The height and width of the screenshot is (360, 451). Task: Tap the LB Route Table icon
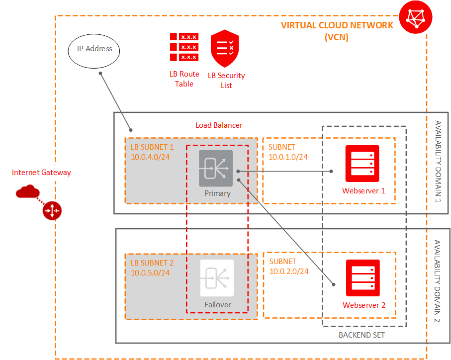pyautogui.click(x=184, y=47)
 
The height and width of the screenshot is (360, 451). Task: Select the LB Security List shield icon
pyautogui.click(x=225, y=48)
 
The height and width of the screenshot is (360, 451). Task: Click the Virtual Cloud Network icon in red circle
pyautogui.click(x=417, y=18)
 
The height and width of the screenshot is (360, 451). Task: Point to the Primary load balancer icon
pyautogui.click(x=216, y=169)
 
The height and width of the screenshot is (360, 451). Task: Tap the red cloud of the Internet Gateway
pyautogui.click(x=27, y=191)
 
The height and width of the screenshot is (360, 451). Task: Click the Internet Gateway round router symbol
pyautogui.click(x=52, y=211)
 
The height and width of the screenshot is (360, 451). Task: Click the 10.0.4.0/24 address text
pyautogui.click(x=151, y=157)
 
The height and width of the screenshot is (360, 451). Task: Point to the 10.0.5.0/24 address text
pyautogui.click(x=151, y=272)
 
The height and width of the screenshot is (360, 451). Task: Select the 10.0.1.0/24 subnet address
pyautogui.click(x=288, y=157)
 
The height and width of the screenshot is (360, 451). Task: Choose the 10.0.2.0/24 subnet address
pyautogui.click(x=289, y=271)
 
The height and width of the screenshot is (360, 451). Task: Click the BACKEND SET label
pyautogui.click(x=361, y=335)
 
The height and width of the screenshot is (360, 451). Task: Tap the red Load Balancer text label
pyautogui.click(x=219, y=125)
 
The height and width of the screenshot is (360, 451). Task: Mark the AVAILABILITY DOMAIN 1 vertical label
pyautogui.click(x=438, y=162)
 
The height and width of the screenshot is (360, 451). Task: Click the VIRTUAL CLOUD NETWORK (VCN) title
pyautogui.click(x=337, y=31)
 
